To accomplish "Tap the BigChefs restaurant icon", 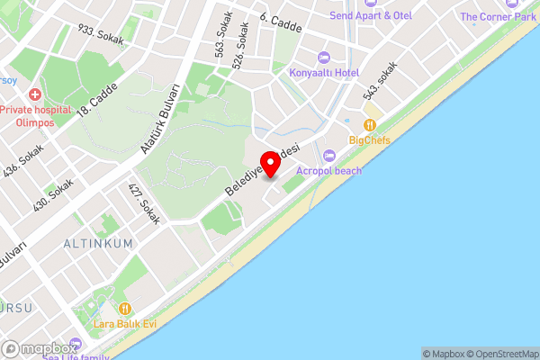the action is (369, 125).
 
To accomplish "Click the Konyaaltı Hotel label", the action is (324, 72).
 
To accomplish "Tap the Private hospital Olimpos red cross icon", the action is (34, 94).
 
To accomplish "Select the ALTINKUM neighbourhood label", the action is (98, 243).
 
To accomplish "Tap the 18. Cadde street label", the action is (97, 100).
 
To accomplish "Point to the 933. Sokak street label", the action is (102, 33).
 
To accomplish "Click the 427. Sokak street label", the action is (144, 203).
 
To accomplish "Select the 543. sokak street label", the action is (380, 81).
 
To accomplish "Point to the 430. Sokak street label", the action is (53, 193).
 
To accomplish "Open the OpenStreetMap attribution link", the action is (501, 354).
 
